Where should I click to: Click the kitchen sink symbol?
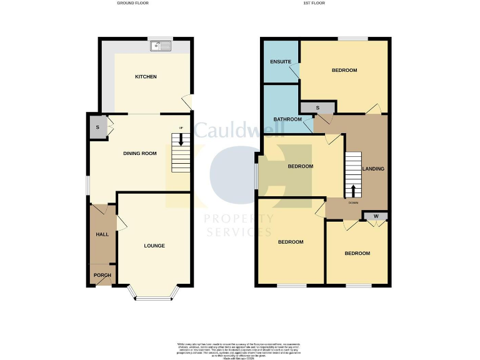tap(161, 46)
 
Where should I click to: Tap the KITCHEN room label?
tap(146, 77)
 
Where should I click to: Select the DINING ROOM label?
tap(139, 153)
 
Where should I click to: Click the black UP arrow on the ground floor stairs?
tap(181, 139)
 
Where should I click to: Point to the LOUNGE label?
tap(154, 246)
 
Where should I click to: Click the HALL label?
tap(102, 234)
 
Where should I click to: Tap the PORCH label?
tap(102, 276)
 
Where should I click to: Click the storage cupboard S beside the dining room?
tap(97, 127)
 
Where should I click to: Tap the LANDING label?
tap(374, 169)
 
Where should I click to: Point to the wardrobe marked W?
tap(376, 216)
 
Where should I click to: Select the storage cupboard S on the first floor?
tap(317, 108)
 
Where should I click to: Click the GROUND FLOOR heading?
tap(133, 3)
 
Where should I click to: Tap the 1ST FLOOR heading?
tap(314, 3)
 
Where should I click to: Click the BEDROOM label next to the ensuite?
tap(344, 71)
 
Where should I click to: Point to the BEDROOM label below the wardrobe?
tap(357, 253)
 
